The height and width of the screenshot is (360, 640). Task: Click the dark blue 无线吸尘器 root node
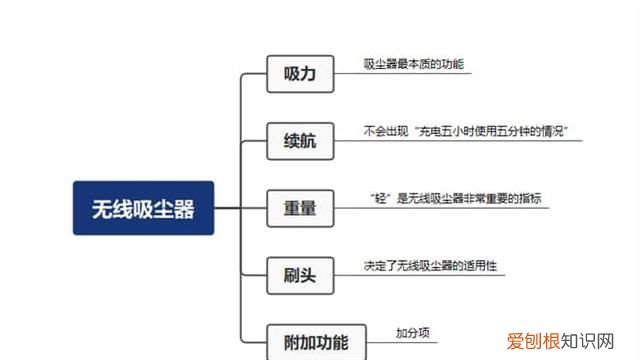pos(143,208)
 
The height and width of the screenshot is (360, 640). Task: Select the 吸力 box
pos(299,73)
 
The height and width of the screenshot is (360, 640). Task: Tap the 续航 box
pos(299,142)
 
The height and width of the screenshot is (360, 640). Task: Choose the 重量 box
pos(299,208)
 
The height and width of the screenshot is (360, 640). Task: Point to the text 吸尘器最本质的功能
pos(413,64)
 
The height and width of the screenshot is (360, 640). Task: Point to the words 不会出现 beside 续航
pos(383,131)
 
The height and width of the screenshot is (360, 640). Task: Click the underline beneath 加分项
pos(412,343)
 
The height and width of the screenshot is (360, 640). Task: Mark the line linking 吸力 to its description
pos(346,74)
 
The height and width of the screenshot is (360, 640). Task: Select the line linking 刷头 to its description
pos(346,277)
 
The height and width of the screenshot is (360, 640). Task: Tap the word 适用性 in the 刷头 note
pos(480,267)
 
